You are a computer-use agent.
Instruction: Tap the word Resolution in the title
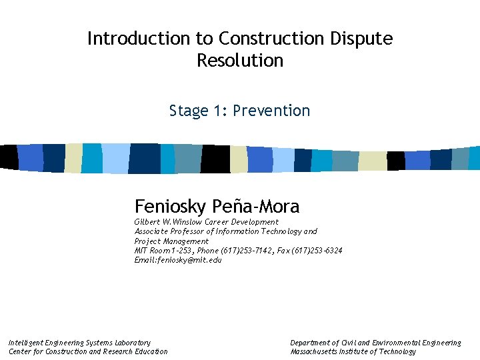[x=240, y=61]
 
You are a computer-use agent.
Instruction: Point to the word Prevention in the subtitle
[x=271, y=111]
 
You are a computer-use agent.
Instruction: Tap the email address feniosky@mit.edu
[x=189, y=260]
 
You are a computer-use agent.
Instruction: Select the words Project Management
[x=171, y=241]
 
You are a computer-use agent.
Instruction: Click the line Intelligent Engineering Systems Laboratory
[x=79, y=343]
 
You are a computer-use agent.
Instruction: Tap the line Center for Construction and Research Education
[x=88, y=352]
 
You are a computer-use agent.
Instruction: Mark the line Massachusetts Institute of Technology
[x=353, y=352]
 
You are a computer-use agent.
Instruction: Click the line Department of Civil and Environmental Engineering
[x=375, y=343]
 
